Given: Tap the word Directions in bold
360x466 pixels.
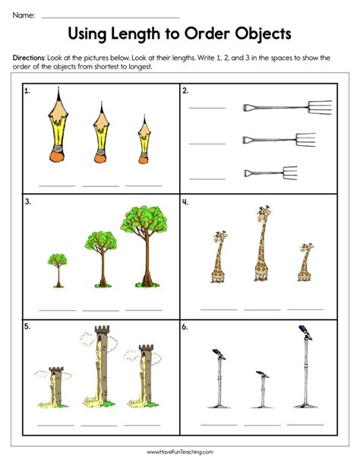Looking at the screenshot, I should pyautogui.click(x=32, y=58).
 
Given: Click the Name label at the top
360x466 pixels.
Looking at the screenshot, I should pyautogui.click(x=24, y=14).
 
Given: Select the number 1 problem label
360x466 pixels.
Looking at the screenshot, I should pyautogui.click(x=28, y=91).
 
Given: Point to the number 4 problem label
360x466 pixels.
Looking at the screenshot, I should pyautogui.click(x=186, y=202).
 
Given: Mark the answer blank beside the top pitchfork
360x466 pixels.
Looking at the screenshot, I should pyautogui.click(x=207, y=107).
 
